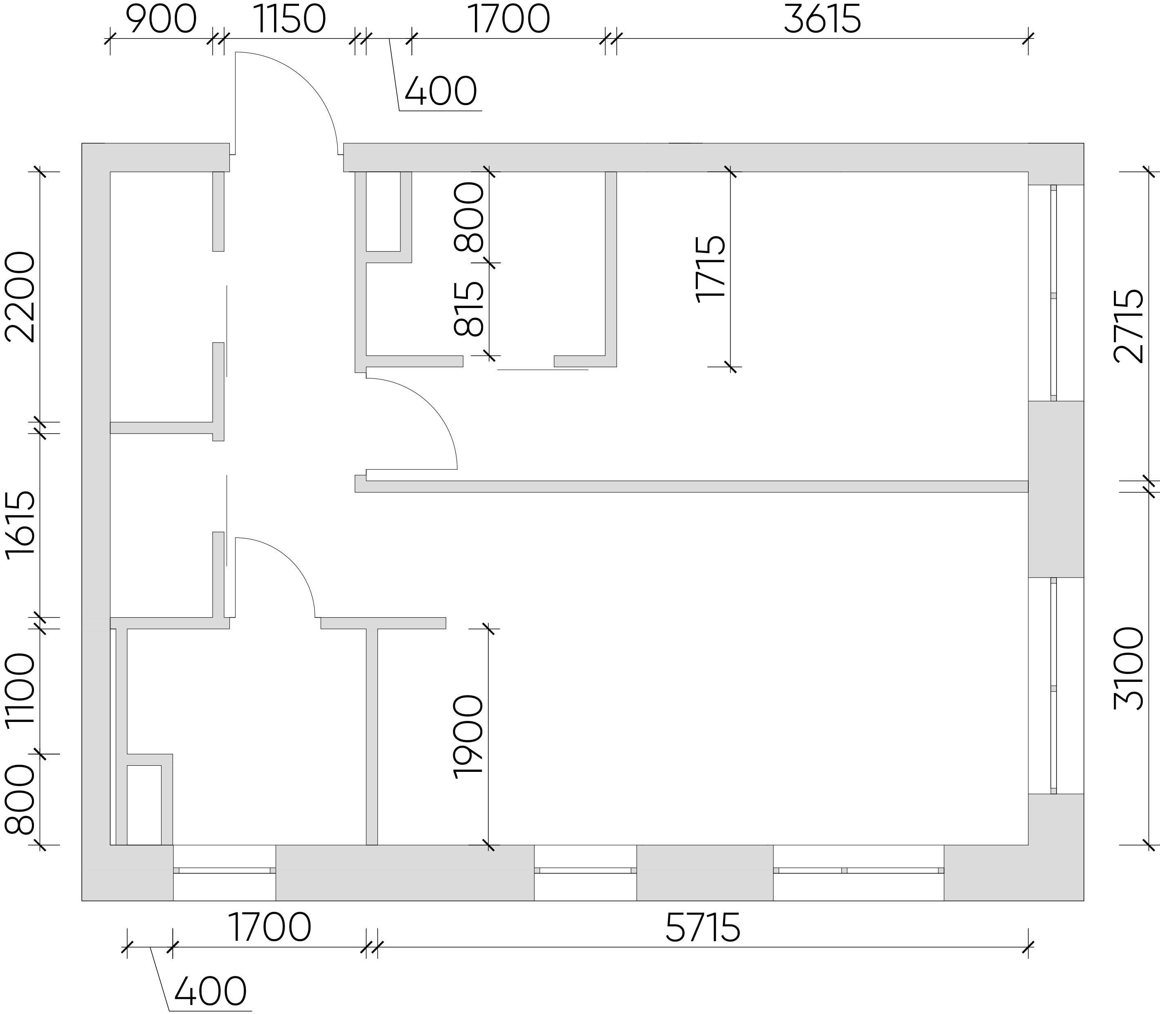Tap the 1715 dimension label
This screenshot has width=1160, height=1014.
point(711,269)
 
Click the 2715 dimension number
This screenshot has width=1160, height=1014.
point(1129,326)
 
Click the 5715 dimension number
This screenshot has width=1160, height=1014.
point(703,928)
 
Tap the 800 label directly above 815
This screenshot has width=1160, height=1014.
point(470,217)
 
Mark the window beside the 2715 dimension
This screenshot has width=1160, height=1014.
point(1054,292)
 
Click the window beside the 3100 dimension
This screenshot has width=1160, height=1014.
point(1054,686)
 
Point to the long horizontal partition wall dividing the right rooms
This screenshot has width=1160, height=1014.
point(692,486)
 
